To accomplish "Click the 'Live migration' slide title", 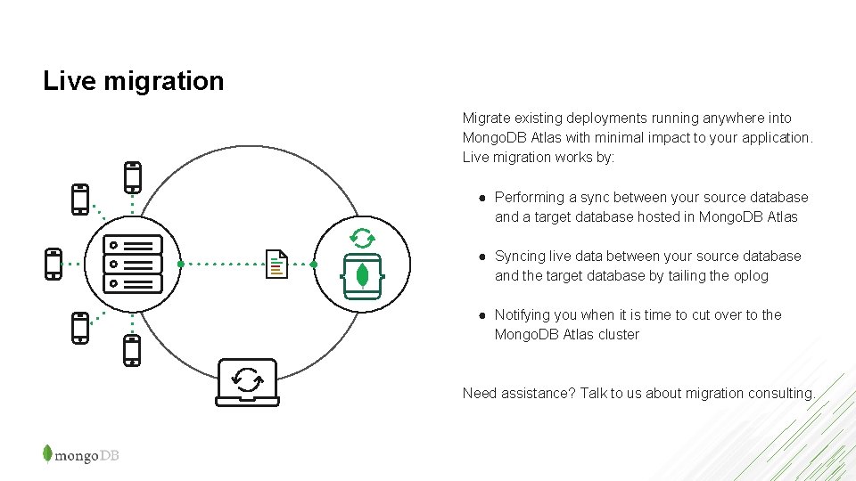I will [x=134, y=81].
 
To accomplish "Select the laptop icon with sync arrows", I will [x=247, y=382].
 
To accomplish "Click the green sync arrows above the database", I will [x=362, y=238].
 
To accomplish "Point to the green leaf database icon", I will [x=362, y=276].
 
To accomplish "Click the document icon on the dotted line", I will [x=277, y=264].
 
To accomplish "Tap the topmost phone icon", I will [x=133, y=177].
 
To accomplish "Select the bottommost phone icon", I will [x=132, y=350].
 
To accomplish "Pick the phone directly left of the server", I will [x=53, y=264].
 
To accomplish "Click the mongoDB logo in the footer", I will [x=80, y=454].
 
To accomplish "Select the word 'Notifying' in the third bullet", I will [x=523, y=315].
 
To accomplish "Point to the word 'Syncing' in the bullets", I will [x=520, y=257].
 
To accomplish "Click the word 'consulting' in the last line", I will [x=783, y=394].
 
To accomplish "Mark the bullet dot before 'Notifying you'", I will [x=481, y=315].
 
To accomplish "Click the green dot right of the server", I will [x=181, y=265].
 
